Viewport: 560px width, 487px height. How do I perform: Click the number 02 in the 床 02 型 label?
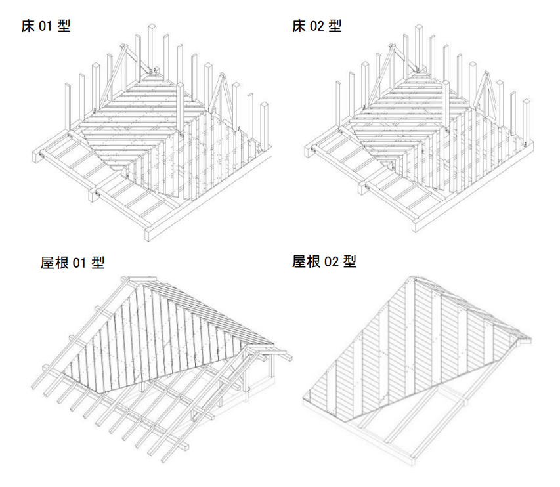(317, 27)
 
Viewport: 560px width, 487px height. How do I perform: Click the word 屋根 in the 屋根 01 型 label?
(55, 263)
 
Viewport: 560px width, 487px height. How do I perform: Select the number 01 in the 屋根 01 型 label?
(80, 263)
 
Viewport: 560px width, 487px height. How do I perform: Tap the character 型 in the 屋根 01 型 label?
(98, 263)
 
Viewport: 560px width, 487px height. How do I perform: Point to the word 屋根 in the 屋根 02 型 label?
(307, 261)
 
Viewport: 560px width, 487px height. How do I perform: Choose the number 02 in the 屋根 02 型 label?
(332, 262)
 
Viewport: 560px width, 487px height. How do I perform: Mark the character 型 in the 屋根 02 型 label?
(349, 261)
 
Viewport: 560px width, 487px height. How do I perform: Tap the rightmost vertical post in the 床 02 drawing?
(527, 121)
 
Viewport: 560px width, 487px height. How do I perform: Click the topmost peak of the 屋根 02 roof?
(411, 278)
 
